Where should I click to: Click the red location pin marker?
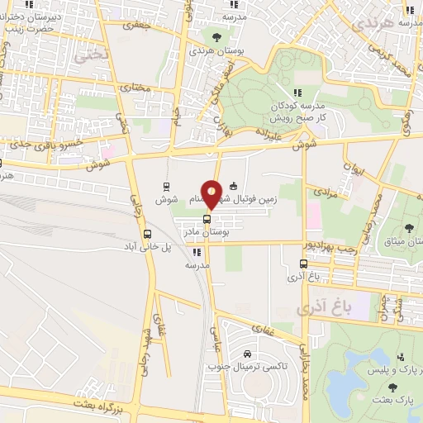pos(212,194)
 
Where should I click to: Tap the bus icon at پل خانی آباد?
pos(147,234)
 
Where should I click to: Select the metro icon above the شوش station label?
pos(166,186)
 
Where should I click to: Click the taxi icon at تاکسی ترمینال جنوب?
pos(248,354)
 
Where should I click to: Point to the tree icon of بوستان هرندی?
pos(216,36)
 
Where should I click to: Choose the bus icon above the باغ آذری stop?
pos(303,264)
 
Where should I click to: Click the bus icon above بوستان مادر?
pos(207,220)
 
